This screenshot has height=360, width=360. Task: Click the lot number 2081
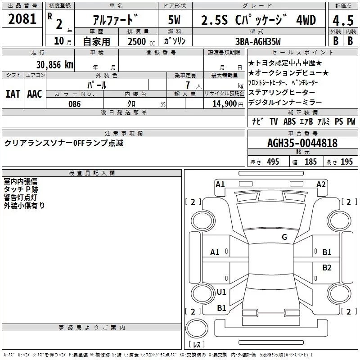coord(22,19)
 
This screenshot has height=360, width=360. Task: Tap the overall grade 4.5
coord(343,20)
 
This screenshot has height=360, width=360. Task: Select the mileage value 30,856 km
coord(54,64)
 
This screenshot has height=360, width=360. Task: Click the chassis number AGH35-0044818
coord(302,143)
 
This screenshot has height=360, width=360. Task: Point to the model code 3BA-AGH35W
coord(258,41)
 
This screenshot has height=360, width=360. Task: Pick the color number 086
coord(75,104)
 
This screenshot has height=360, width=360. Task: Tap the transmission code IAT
coord(13,94)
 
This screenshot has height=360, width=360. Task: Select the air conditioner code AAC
coord(35,94)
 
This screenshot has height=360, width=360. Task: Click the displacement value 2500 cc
coord(141,42)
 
